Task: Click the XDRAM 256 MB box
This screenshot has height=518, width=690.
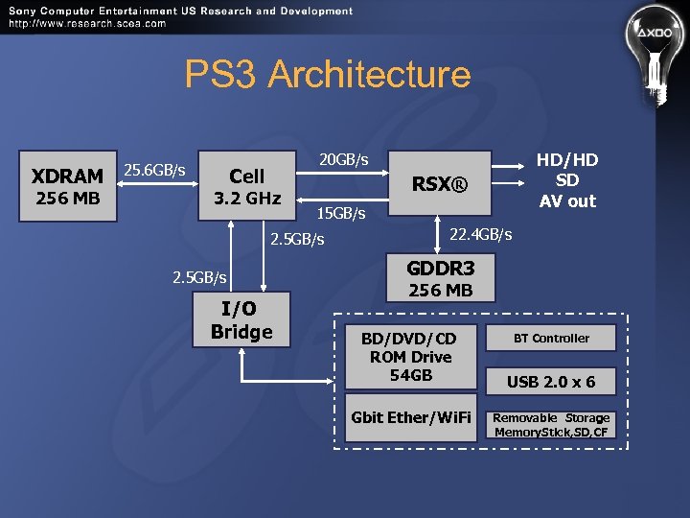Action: tap(67, 186)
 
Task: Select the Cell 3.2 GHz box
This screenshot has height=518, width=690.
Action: tap(247, 186)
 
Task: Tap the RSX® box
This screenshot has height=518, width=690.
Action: tap(440, 183)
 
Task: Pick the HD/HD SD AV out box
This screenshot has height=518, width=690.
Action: tap(566, 181)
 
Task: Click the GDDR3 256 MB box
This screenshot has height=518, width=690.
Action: tap(441, 277)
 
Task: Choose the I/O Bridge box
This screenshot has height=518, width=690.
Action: tap(241, 320)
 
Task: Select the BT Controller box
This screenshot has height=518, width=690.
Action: tap(551, 339)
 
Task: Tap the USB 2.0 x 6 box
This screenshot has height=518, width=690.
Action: tap(551, 382)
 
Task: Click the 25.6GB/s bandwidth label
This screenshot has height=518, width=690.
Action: tap(154, 170)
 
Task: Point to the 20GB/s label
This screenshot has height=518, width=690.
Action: tap(343, 158)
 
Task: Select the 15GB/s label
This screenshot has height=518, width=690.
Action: tap(341, 212)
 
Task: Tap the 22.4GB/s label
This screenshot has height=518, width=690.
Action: tap(480, 234)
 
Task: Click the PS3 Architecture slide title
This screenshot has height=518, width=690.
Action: tap(328, 74)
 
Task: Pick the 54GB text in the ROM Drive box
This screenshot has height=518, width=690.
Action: tap(410, 375)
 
